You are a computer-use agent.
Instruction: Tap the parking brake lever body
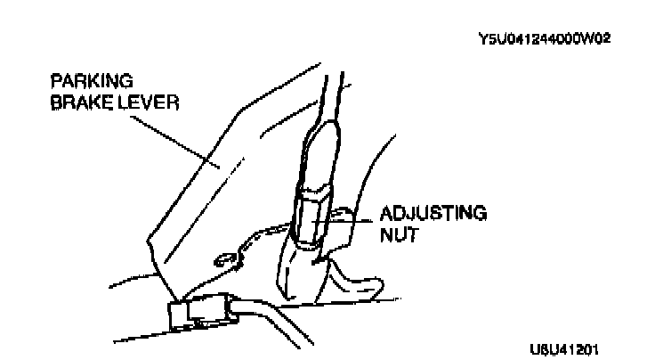205,196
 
